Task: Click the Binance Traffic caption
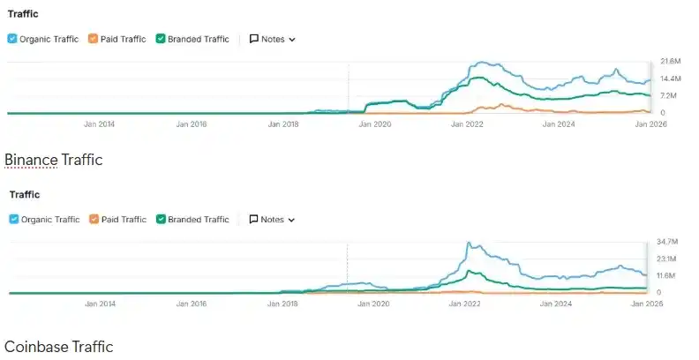tap(54, 160)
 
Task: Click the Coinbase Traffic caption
tap(59, 347)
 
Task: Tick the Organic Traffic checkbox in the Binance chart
tap(12, 39)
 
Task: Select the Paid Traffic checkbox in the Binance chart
tap(94, 39)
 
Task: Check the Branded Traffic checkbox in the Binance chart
tap(161, 39)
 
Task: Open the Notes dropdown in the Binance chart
tap(273, 39)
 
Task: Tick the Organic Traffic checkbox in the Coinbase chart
tap(13, 219)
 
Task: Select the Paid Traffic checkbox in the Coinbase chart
tap(94, 219)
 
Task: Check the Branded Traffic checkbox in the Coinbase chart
tap(161, 219)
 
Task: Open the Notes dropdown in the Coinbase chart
tap(273, 219)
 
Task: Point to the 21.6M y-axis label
tap(670, 62)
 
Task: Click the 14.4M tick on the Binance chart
tap(670, 79)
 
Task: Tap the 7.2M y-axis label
tap(668, 95)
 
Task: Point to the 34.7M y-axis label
tap(667, 241)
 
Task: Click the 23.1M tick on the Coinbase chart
tap(667, 259)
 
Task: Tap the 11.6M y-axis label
tap(667, 275)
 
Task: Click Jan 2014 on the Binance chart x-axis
tap(100, 124)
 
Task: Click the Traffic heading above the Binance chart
tap(23, 14)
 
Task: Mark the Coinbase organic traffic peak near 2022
tap(469, 243)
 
